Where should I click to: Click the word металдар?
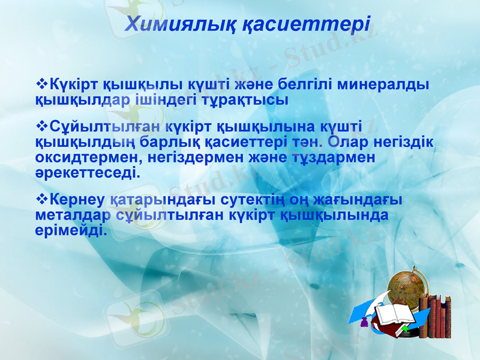(74, 215)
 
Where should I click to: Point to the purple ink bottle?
(364, 324)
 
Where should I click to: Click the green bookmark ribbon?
(407, 329)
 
